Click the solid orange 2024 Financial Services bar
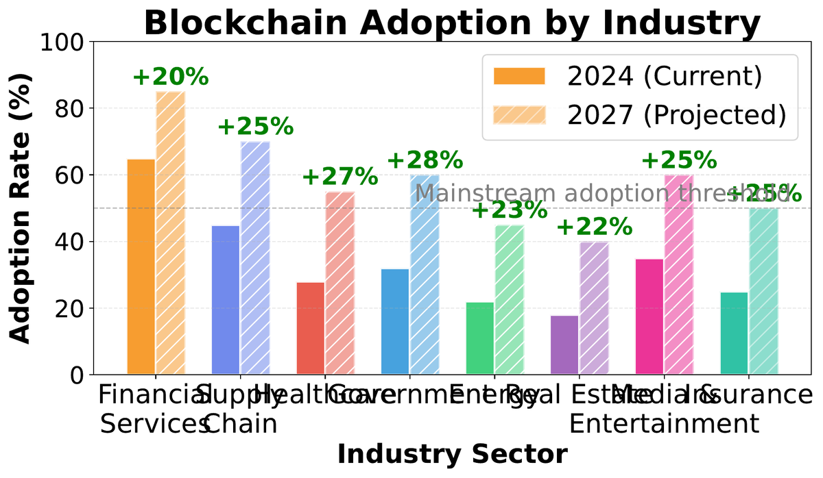click(141, 267)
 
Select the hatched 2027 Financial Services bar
click(170, 233)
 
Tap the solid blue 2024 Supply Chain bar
click(226, 300)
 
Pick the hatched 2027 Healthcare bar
click(339, 283)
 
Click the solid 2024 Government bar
click(396, 322)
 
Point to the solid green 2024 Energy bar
click(481, 338)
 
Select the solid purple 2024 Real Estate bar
click(565, 345)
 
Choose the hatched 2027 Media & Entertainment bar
click(679, 275)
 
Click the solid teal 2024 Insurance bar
click(735, 334)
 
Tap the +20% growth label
click(170, 77)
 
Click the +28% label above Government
click(425, 160)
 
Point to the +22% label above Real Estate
click(594, 227)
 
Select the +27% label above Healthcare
click(339, 177)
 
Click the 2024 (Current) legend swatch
click(519, 76)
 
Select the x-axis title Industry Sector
click(453, 455)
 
